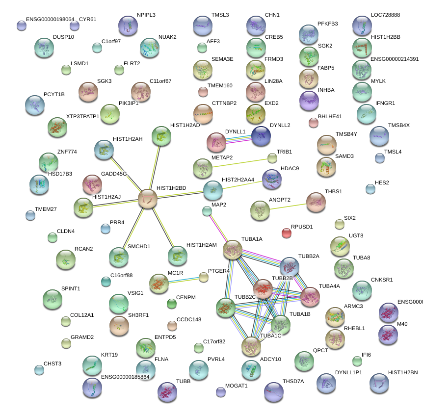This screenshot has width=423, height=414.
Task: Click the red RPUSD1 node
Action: [287, 233]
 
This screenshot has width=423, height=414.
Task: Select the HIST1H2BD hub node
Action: [148, 199]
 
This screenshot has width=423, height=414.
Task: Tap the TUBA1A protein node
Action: [233, 250]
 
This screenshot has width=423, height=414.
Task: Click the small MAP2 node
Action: [207, 211]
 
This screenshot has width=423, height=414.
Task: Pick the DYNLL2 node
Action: [261, 136]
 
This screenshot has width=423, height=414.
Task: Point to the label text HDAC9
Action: [290, 168]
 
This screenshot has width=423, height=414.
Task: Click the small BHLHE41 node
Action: [314, 123]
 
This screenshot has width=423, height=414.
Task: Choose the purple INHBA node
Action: [309, 101]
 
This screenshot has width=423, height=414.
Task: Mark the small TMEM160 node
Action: [203, 91]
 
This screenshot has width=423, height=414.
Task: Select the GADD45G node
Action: [92, 184]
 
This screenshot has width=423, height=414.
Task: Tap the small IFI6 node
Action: [357, 362]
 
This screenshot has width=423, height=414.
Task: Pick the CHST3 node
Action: [39, 369]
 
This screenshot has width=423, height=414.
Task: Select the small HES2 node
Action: [370, 189]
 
